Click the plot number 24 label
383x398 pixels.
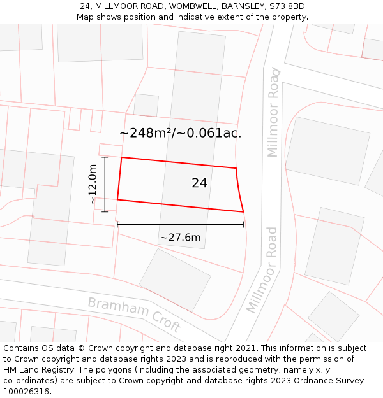199,183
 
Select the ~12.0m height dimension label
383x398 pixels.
93,184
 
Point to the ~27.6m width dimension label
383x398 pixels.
180,238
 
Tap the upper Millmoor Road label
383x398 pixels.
273,112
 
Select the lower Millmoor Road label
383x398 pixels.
263,269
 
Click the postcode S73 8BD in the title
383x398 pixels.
287,6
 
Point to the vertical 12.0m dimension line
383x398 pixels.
105,184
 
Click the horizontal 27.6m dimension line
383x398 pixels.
180,224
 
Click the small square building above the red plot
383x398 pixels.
146,105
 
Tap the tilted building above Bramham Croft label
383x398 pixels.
174,280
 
